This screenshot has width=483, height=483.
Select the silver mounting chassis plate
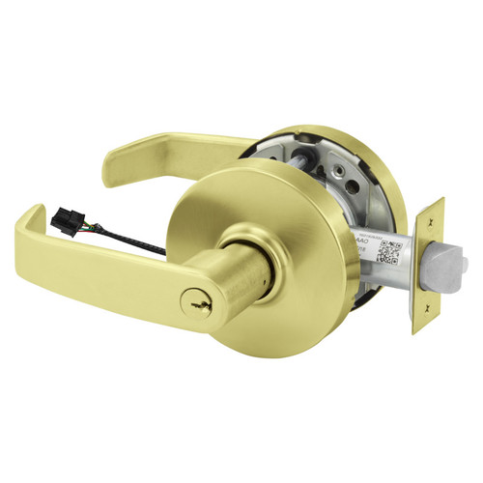tap(319, 174)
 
